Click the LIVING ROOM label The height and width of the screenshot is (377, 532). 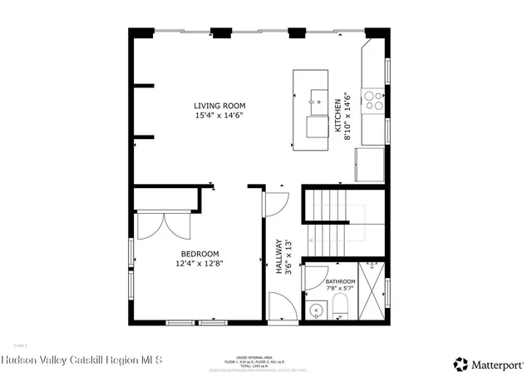(x=220, y=106)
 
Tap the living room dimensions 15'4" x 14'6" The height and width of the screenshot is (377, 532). (x=220, y=116)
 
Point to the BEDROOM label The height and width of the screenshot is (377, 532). (x=199, y=254)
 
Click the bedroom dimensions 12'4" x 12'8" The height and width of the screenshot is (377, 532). (x=199, y=264)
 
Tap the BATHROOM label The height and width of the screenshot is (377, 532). (x=341, y=282)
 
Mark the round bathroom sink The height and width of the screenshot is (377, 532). (x=316, y=310)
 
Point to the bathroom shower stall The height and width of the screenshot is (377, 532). (x=372, y=291)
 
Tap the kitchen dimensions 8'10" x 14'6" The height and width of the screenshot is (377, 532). (x=348, y=117)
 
